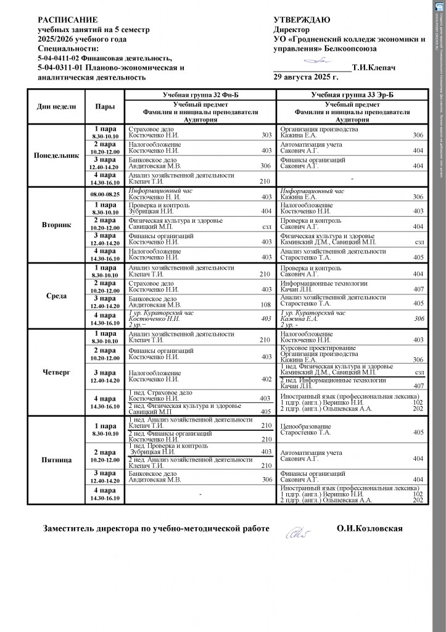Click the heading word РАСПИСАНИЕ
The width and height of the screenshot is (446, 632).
pyautogui.click(x=67, y=20)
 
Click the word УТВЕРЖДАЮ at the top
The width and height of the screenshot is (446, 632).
pyautogui.click(x=302, y=20)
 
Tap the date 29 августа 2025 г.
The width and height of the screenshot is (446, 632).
pyautogui.click(x=305, y=78)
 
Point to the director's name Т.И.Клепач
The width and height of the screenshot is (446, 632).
pyautogui.click(x=374, y=68)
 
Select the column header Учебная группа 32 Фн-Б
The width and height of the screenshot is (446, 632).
pyautogui.click(x=200, y=94)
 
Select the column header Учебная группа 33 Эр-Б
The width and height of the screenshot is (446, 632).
pyautogui.click(x=351, y=94)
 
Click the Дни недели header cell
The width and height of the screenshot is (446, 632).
pyautogui.click(x=57, y=107)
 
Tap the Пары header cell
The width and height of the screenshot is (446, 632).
pyautogui.click(x=105, y=107)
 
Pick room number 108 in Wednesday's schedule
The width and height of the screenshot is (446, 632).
pyautogui.click(x=266, y=304)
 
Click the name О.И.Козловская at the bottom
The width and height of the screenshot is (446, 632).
pyautogui.click(x=370, y=529)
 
